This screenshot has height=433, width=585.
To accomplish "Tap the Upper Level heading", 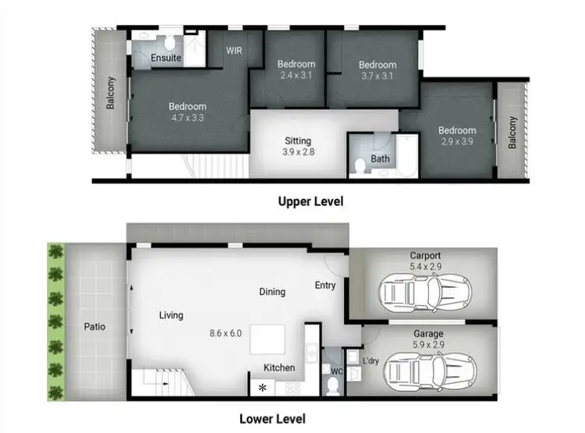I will point(310,201).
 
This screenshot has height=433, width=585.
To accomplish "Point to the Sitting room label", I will point(298,141).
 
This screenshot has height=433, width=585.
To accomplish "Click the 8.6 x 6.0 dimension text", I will point(225,333).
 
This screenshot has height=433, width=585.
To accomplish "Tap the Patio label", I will point(95,326).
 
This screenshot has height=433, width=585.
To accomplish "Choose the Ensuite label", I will point(166,59).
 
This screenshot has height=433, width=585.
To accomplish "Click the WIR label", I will point(235,50).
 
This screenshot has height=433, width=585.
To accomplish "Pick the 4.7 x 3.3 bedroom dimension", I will point(187,119).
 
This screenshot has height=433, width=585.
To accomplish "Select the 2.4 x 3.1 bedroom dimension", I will point(296,76).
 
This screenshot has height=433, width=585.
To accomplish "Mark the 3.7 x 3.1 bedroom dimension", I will point(378,76).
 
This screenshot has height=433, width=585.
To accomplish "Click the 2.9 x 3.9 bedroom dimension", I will point(456,143).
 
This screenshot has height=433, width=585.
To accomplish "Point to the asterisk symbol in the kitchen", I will point(261,387).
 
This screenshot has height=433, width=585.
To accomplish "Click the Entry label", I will point(325,286).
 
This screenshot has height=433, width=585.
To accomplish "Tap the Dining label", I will point(272,292).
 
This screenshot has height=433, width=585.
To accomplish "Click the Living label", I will point(171,315).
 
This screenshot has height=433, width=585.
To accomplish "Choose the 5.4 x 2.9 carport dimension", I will point(425,267).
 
